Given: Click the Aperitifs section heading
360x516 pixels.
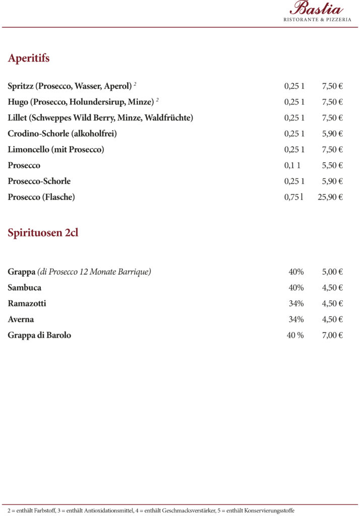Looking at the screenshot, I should pyautogui.click(x=29, y=58).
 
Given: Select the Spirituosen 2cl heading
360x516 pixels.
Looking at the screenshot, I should pyautogui.click(x=43, y=233).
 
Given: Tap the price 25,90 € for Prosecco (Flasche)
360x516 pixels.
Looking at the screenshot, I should pyautogui.click(x=330, y=197).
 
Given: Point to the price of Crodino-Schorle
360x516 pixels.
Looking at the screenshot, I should pyautogui.click(x=332, y=134).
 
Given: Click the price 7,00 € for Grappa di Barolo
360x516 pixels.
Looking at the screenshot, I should pyautogui.click(x=332, y=335).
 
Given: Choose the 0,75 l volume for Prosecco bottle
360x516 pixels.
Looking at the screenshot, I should pyautogui.click(x=294, y=197).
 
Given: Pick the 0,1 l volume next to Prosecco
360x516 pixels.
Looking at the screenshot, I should pyautogui.click(x=292, y=165).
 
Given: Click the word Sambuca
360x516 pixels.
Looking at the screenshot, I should pyautogui.click(x=25, y=288).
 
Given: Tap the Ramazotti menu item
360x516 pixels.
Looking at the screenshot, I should pyautogui.click(x=27, y=303).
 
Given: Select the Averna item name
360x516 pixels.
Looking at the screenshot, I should pyautogui.click(x=21, y=319).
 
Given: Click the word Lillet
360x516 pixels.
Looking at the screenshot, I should pyautogui.click(x=17, y=118).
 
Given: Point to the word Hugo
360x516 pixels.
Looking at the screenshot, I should pyautogui.click(x=18, y=102).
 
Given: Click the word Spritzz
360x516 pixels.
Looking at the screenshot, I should pyautogui.click(x=20, y=86).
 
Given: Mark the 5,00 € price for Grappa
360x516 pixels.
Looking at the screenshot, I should pyautogui.click(x=332, y=272).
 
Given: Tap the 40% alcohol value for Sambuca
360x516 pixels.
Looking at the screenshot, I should pyautogui.click(x=296, y=288).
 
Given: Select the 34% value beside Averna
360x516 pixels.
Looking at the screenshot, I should pyautogui.click(x=296, y=319).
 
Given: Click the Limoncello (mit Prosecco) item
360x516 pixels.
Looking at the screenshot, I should pyautogui.click(x=56, y=150).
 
